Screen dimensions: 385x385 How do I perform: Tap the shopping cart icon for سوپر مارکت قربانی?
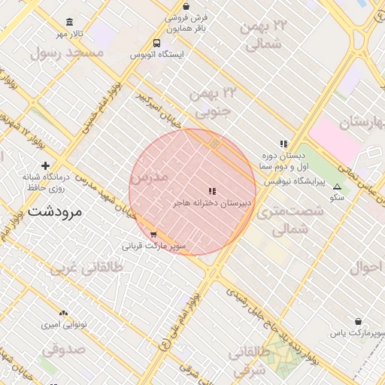pos(153,235)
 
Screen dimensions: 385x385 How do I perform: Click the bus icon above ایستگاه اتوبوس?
pos(156,44)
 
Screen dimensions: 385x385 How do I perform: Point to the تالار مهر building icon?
pos(70,23)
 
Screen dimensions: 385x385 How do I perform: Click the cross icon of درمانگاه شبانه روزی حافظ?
pos(46,165)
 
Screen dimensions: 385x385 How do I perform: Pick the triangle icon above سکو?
pos(336,186)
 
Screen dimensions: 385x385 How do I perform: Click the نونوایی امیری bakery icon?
pos(63,312)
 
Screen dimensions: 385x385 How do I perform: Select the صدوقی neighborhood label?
pos(64,349)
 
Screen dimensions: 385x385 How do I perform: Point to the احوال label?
pos(367,266)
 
